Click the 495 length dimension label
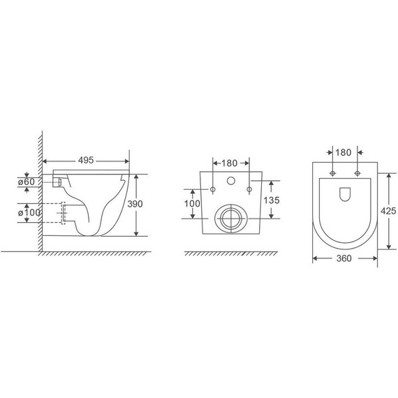pyautogui.click(x=86, y=160)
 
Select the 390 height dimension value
pyautogui.click(x=135, y=204)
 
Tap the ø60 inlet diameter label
pyautogui.click(x=27, y=182)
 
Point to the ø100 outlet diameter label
pyautogui.click(x=29, y=212)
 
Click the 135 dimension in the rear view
pyautogui.click(x=272, y=200)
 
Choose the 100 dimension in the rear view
pyautogui.click(x=192, y=203)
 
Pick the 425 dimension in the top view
pyautogui.click(x=388, y=211)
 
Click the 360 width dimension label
pyautogui.click(x=344, y=258)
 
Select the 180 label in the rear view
pyautogui.click(x=230, y=163)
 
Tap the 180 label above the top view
pyautogui.click(x=344, y=152)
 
